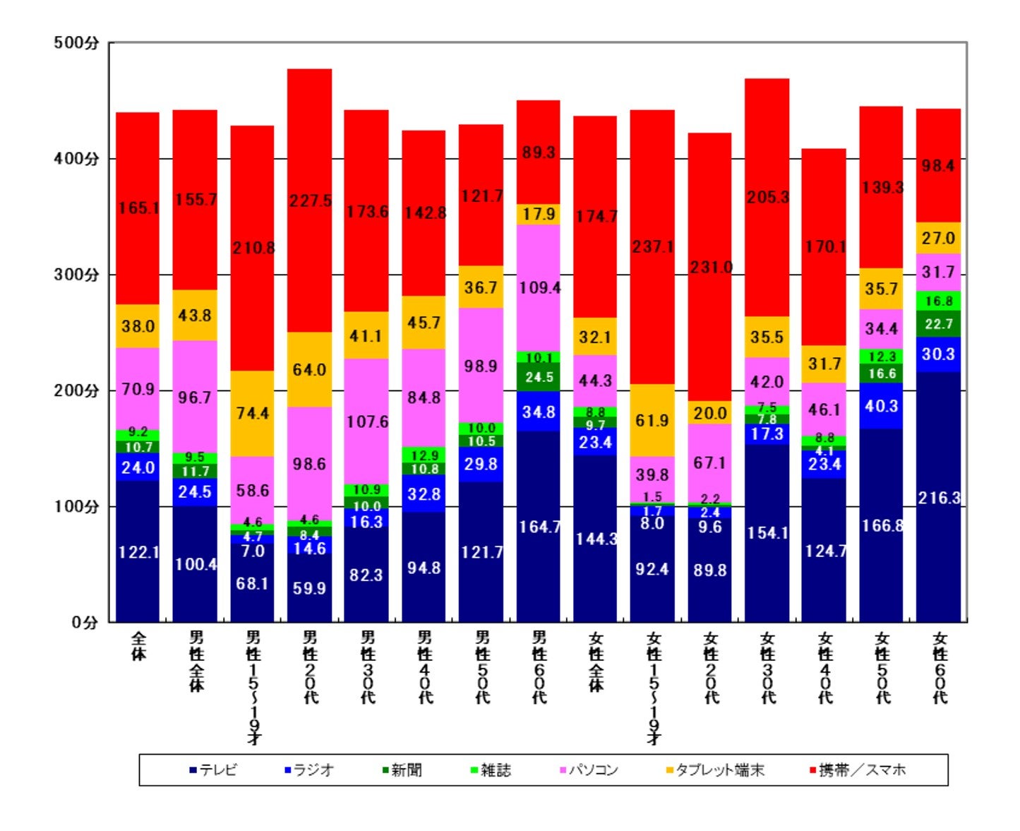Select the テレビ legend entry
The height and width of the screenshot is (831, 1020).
click(213, 770)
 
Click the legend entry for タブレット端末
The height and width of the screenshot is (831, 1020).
click(714, 770)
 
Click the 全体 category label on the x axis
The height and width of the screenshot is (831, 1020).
click(138, 645)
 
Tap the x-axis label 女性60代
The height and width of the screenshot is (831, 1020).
click(939, 667)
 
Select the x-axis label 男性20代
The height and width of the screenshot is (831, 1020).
click(310, 667)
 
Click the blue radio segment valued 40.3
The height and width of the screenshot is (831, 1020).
click(881, 406)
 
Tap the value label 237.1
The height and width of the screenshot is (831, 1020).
click(652, 247)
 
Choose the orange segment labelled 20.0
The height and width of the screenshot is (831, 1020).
click(710, 413)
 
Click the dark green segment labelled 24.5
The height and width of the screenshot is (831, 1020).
click(539, 377)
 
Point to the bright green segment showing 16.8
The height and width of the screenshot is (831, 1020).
click(939, 301)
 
